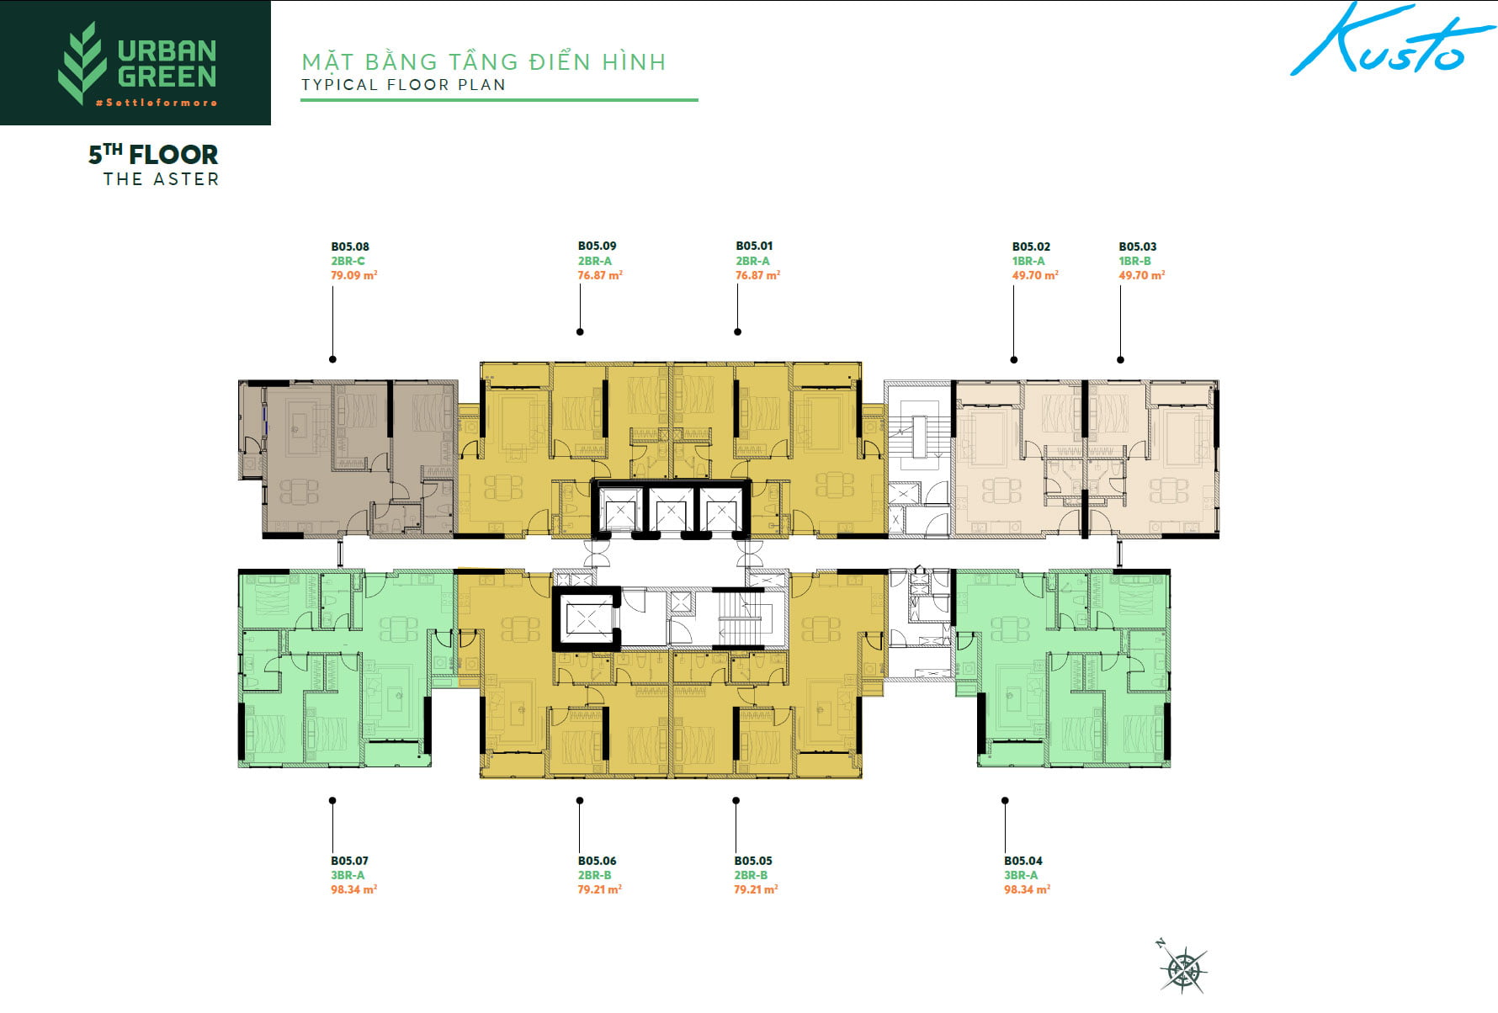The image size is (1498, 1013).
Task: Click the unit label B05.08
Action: click(349, 247)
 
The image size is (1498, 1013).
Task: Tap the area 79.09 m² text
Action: click(353, 275)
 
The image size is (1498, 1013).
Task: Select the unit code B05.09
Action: click(597, 246)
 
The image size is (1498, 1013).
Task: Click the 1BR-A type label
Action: click(1028, 261)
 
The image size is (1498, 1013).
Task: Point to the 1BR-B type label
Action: click(1134, 261)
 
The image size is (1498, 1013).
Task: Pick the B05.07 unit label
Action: click(349, 861)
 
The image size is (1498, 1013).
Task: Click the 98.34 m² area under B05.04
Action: click(1027, 889)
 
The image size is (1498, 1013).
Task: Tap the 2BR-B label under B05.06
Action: click(594, 875)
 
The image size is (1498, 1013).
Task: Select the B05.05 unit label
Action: click(752, 861)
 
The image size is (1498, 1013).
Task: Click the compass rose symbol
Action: click(1183, 968)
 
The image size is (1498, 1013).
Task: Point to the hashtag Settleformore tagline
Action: click(157, 103)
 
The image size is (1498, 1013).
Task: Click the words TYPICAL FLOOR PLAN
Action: click(403, 85)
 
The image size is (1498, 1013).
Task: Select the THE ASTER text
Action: click(161, 179)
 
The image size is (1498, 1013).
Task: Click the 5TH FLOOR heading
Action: click(153, 154)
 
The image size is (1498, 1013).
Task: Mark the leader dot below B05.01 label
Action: click(737, 331)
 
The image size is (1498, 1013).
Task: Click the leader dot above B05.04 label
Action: click(1005, 801)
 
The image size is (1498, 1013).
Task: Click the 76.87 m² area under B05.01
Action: click(757, 275)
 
